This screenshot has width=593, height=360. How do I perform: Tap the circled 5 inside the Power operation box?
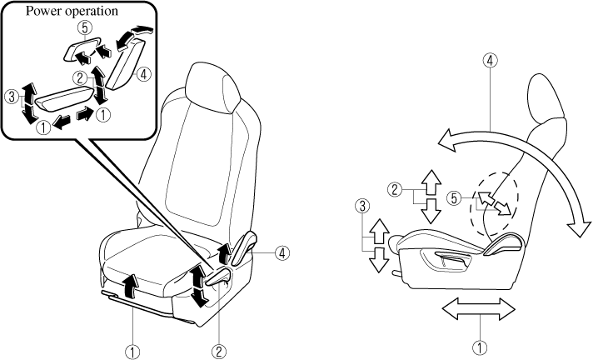tap(82, 27)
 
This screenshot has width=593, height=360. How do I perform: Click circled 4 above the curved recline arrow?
tap(491, 60)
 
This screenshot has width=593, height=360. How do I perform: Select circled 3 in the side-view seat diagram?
tap(361, 203)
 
